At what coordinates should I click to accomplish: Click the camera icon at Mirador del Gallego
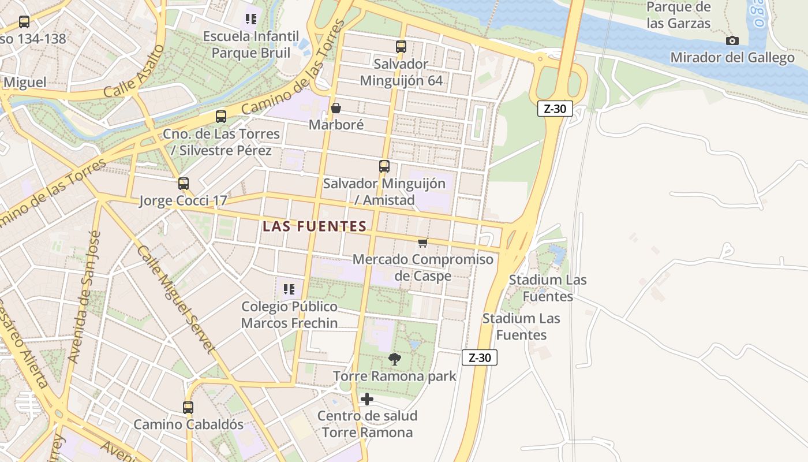pos(732,40)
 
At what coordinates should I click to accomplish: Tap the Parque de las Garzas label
pos(678,15)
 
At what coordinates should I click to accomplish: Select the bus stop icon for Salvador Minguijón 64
pos(401,47)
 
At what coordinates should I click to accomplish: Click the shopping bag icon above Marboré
pos(336,108)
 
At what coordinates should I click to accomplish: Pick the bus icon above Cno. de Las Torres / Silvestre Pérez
pos(221,117)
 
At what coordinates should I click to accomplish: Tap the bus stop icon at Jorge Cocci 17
pos(184,184)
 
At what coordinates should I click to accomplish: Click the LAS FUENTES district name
pos(315,226)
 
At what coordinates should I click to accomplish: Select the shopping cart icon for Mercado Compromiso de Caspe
pos(422,243)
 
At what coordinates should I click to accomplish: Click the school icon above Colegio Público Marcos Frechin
pos(289,289)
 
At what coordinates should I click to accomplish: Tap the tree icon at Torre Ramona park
pos(395,359)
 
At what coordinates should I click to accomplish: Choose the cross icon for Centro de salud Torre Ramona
pos(366,399)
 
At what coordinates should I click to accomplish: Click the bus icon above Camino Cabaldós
pos(188,407)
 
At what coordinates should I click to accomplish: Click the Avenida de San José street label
pos(85,297)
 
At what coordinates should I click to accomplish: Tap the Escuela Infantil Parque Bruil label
pos(251,44)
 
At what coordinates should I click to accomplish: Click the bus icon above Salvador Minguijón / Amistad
pos(384,166)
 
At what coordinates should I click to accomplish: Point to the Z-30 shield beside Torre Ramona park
pos(480,357)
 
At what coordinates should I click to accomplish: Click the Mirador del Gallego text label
pos(732,58)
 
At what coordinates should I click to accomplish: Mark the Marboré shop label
pos(336,124)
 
